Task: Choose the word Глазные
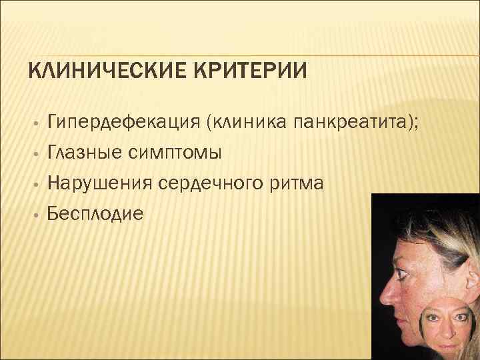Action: coord(83,153)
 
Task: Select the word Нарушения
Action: coord(99,183)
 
